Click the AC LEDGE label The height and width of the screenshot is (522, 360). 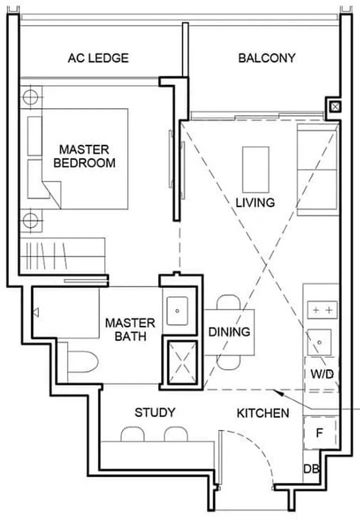coord(98,58)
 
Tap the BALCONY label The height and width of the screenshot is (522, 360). coord(266,58)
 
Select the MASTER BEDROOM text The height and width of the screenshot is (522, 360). coord(84,156)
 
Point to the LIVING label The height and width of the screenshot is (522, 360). coord(255,202)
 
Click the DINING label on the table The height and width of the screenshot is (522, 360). coord(229,331)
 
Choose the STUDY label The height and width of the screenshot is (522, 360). coord(155,412)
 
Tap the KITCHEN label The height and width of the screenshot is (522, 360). coord(262,413)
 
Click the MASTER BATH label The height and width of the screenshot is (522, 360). coord(130,329)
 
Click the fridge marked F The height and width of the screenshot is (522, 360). coord(318,433)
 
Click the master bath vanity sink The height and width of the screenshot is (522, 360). coord(177,310)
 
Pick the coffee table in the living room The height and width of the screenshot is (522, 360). coord(255,169)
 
